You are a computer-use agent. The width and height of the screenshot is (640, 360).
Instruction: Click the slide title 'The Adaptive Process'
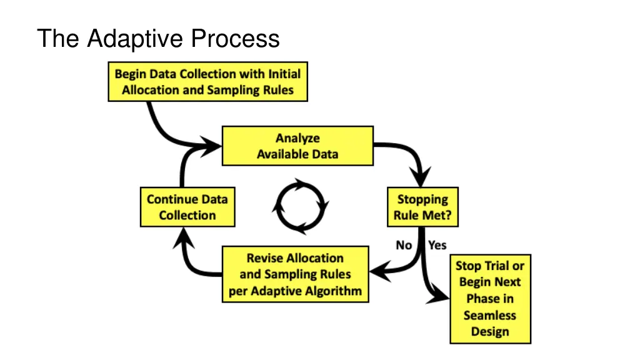158,39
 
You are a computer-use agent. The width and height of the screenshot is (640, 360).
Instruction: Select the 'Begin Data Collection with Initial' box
207,82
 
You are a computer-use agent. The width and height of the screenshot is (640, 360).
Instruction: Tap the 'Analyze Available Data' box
297,146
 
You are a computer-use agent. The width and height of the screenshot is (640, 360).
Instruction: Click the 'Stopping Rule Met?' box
422,208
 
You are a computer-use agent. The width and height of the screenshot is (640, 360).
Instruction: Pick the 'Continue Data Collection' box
187,207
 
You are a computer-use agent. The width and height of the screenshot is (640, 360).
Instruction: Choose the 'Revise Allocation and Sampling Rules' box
295,274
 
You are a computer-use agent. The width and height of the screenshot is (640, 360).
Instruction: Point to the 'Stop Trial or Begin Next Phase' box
490,299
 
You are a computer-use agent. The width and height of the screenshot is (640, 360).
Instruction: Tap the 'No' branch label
404,245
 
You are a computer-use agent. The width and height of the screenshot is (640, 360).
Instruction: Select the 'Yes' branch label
437,245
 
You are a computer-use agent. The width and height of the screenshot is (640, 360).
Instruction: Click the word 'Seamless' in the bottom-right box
490,315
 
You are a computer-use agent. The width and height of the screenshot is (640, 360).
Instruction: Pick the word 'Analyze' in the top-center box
297,138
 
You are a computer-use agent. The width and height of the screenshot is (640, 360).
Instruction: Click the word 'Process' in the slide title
235,39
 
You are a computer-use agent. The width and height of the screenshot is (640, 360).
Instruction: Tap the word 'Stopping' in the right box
422,200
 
